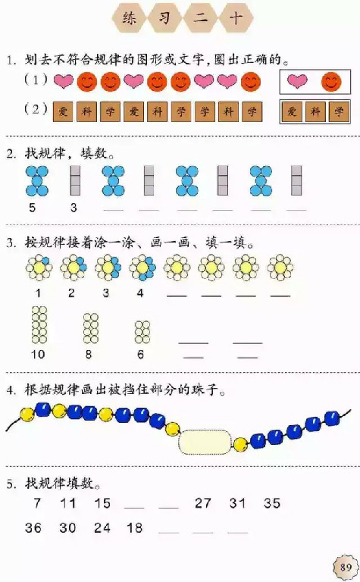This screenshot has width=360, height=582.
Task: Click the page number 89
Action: click(346, 567)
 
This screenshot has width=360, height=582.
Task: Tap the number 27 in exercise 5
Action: click(202, 503)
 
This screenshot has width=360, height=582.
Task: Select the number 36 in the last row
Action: click(33, 527)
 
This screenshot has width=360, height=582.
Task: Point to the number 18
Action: click(134, 527)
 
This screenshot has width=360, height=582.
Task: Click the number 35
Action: click(271, 503)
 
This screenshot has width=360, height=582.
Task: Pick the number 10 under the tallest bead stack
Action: click(37, 355)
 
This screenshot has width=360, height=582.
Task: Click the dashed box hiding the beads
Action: click(205, 442)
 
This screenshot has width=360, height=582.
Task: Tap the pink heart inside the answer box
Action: click(297, 81)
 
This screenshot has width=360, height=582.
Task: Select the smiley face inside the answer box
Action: click(331, 82)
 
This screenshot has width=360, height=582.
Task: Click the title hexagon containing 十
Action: click(236, 18)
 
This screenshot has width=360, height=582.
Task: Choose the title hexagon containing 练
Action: click(130, 18)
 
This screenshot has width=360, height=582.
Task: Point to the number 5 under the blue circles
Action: click(33, 208)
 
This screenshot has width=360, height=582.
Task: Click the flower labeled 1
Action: click(39, 268)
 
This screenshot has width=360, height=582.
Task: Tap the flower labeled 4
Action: click(142, 268)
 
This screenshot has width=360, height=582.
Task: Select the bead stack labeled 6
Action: click(142, 332)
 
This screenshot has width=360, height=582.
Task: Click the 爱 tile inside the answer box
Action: click(292, 111)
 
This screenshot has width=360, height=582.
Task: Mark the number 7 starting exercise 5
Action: click(37, 503)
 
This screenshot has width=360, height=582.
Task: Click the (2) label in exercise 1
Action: click(36, 109)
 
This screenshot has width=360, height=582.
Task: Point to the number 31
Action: click(237, 503)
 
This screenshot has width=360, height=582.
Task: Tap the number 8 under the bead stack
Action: click(89, 355)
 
